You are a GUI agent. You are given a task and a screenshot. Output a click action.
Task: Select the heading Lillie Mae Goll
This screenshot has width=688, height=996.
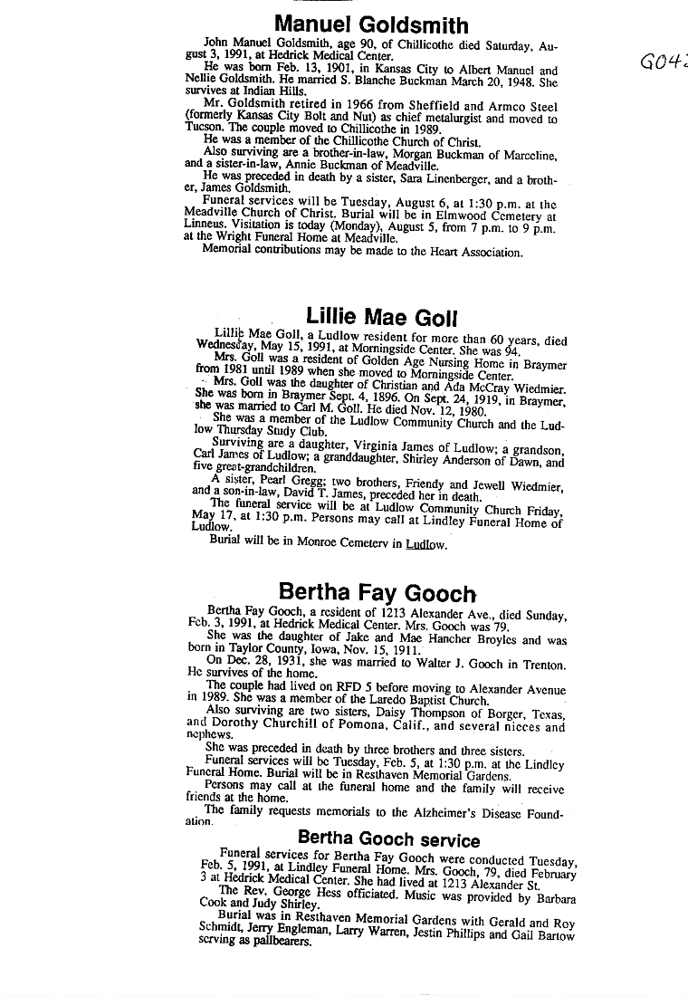point(381,316)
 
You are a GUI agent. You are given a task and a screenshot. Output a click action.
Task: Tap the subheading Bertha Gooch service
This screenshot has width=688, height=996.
point(388,838)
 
